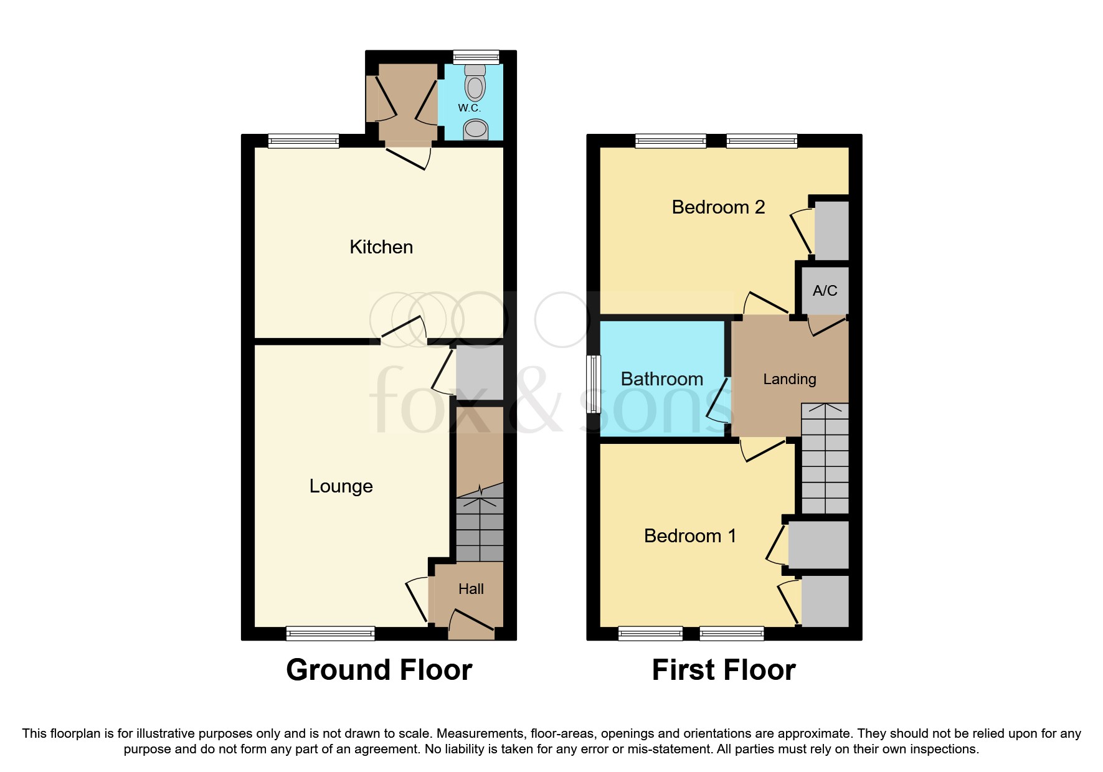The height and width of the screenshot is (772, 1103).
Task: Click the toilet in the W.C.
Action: [475, 85]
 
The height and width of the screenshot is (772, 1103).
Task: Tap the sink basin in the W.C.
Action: [476, 129]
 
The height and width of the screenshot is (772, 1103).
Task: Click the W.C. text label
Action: [469, 108]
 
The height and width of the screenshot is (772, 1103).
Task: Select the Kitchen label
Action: [381, 247]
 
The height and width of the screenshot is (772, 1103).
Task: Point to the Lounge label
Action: [341, 486]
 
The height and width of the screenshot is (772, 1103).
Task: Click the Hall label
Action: [471, 589]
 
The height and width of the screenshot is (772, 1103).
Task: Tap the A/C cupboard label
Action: [825, 291]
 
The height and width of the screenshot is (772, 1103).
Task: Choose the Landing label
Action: [789, 379]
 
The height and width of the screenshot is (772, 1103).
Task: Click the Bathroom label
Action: [661, 379]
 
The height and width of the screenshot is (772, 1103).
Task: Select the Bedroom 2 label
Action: [718, 207]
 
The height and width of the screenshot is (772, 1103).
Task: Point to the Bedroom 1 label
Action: [689, 536]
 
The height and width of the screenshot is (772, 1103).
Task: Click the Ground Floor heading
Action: [379, 671]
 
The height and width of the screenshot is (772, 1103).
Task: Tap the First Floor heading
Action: [723, 671]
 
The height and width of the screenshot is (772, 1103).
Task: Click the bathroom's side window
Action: [595, 384]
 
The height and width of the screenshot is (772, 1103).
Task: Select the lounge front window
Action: [330, 634]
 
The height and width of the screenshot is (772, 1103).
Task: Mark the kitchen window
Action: [303, 141]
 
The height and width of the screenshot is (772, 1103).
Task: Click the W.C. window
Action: [476, 57]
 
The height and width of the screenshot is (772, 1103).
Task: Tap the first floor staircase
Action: [825, 459]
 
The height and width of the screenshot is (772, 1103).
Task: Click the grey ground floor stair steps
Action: [480, 529]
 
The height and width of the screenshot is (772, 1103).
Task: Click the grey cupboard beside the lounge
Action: [480, 372]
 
